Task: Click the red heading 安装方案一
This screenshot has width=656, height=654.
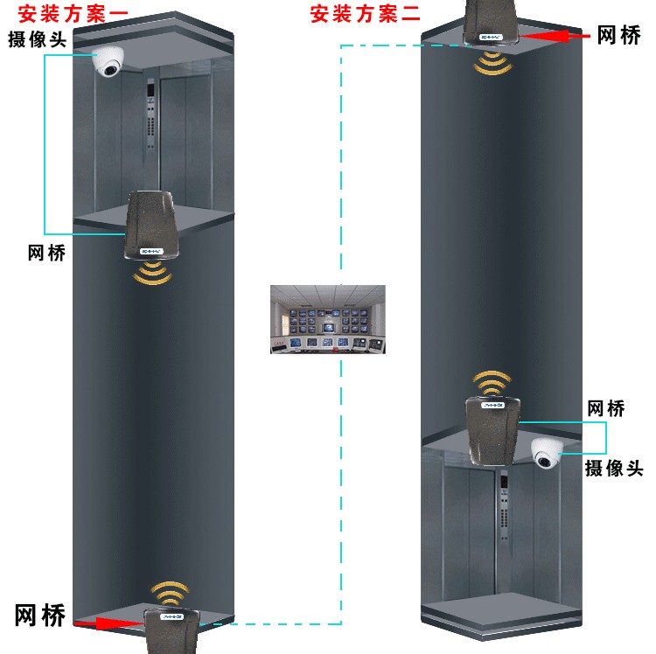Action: point(73,14)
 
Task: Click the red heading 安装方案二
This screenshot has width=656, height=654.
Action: point(365,14)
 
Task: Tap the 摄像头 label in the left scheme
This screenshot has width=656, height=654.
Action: point(38,39)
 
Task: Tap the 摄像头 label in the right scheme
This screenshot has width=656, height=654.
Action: point(614,468)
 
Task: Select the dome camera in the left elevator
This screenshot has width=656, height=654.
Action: point(108,61)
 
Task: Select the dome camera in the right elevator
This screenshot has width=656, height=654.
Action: point(548,453)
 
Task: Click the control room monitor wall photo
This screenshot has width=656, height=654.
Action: point(328,319)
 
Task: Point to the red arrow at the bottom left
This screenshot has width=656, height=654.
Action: point(108,623)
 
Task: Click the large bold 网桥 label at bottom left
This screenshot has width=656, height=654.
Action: point(40,616)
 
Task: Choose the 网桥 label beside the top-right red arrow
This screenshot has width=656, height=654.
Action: point(618,35)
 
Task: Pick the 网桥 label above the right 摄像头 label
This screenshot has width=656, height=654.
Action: point(606,408)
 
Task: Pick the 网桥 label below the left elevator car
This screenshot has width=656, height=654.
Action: point(47,253)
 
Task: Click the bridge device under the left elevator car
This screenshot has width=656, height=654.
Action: point(150,226)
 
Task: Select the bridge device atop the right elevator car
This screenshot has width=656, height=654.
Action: point(492,431)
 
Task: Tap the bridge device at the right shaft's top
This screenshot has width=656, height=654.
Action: point(492,22)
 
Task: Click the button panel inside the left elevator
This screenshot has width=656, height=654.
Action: point(150,114)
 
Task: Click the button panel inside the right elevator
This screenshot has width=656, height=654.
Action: point(504,505)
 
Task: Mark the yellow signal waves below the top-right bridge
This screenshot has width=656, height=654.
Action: point(492,64)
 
